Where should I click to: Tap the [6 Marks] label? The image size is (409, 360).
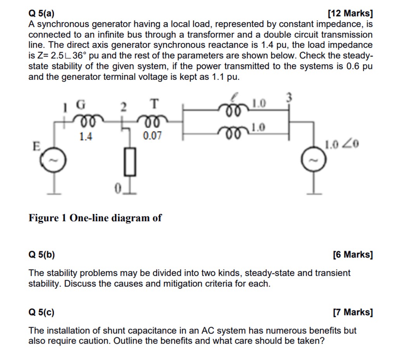click(x=353, y=255)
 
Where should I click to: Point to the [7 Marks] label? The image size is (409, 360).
click(x=353, y=312)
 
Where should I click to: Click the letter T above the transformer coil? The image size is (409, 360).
click(x=154, y=104)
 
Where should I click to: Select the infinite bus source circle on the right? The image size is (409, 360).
click(x=313, y=160)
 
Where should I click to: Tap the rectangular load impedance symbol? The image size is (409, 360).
click(x=130, y=162)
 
